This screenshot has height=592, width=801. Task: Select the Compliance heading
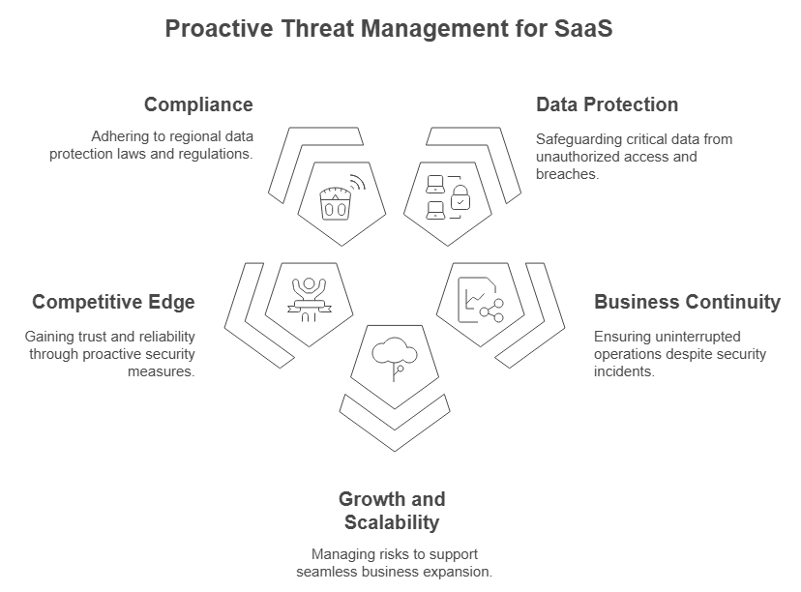(198, 104)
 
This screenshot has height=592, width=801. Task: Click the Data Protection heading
(607, 104)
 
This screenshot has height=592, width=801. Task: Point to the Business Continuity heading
(687, 302)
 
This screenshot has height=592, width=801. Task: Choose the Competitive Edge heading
(113, 302)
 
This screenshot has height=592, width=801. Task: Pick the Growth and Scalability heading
(392, 511)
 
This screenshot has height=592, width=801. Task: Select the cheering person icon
(309, 296)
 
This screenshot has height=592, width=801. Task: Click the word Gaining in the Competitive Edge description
(49, 337)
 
